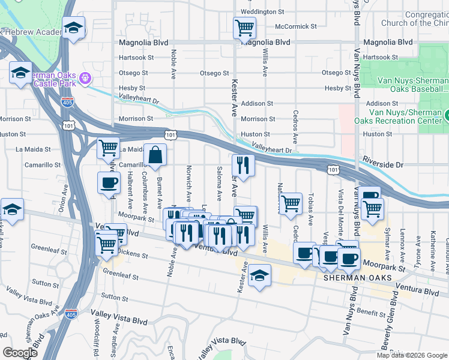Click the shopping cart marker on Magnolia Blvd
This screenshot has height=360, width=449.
[244, 27]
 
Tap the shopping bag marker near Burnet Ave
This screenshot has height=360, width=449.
[155, 155]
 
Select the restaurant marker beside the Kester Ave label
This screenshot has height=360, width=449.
[243, 166]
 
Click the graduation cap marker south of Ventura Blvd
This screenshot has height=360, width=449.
[259, 275]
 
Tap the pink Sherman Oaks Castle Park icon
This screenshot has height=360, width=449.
[85, 78]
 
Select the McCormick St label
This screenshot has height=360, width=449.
[295, 26]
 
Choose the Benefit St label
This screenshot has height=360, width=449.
[370, 313]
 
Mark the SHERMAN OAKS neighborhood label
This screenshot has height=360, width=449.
[357, 278]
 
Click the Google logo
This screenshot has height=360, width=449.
[20, 352]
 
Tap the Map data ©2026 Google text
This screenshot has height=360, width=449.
[412, 355]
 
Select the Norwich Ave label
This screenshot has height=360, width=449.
[188, 184]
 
